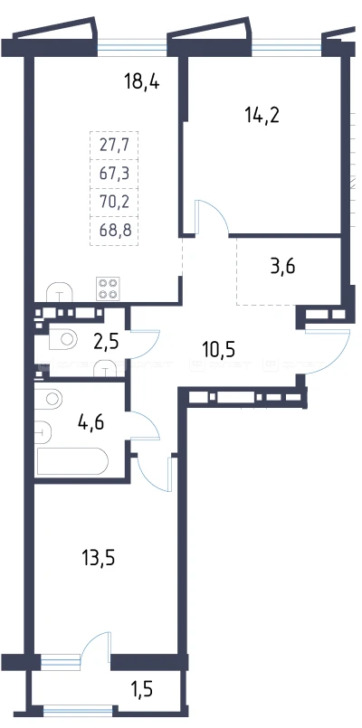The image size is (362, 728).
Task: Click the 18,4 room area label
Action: [142, 82]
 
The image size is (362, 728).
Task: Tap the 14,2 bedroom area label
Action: [262, 114]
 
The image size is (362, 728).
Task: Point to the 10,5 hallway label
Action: [219, 348]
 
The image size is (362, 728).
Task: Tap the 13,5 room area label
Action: [98, 558]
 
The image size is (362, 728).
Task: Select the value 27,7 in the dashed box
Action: [114, 146]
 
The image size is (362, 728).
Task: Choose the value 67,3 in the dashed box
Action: [114, 174]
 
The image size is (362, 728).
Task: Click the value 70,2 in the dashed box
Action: [114, 202]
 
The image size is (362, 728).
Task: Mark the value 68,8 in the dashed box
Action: [114, 230]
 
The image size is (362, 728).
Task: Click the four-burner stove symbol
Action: [108, 288]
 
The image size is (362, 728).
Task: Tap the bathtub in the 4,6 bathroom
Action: [72, 461]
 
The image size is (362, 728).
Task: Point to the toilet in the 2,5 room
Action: [63, 338]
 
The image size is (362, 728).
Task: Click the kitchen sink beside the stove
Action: [60, 291]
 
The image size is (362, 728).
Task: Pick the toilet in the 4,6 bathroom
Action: [49, 398]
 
